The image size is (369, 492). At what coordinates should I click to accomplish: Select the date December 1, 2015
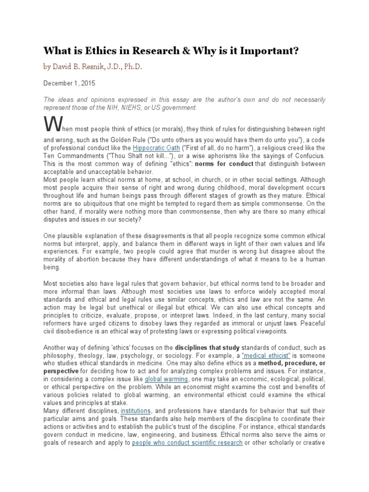pos(69,83)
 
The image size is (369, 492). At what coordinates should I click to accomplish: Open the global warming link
pos(166,379)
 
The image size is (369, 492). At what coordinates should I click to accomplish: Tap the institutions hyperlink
pos(136,411)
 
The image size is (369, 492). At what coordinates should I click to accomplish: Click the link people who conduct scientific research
pos(187,443)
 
